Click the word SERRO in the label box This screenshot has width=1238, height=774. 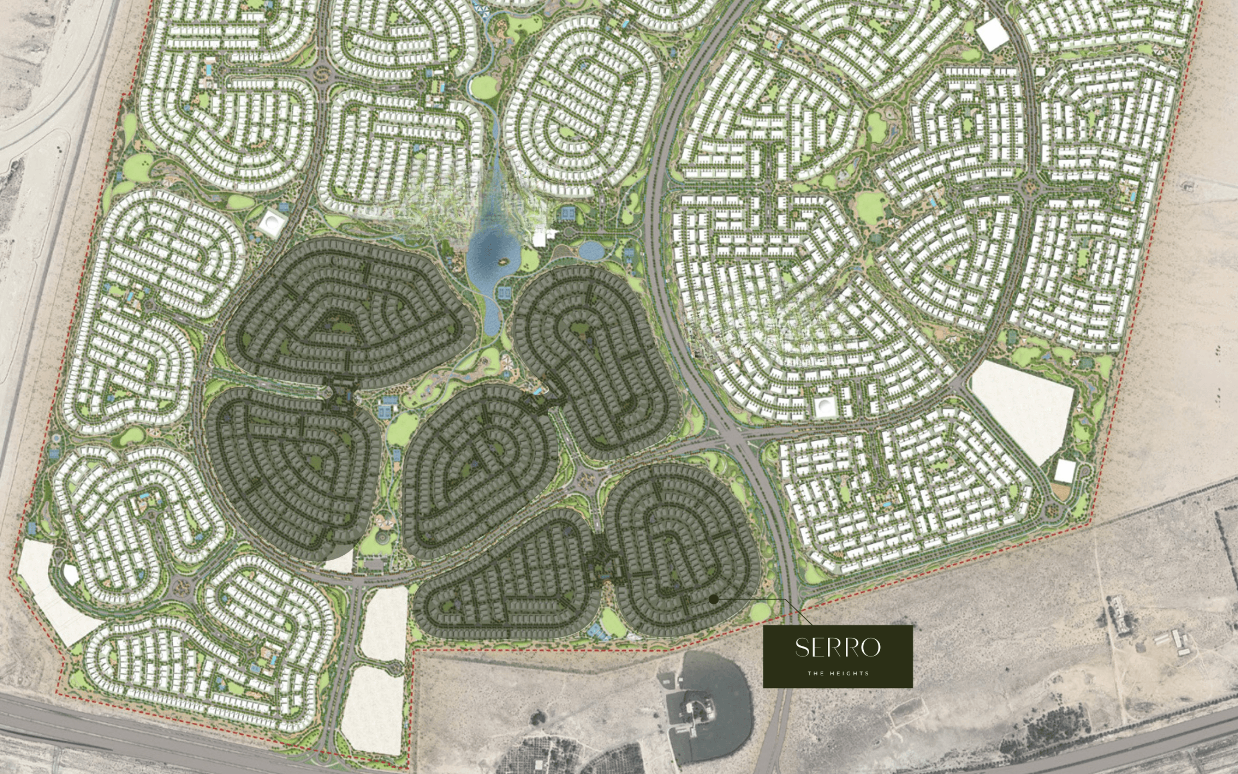point(838,648)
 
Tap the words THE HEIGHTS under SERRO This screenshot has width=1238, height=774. point(838,674)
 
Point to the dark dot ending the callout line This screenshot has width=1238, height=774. point(714,599)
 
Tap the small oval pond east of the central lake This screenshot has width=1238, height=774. point(591,251)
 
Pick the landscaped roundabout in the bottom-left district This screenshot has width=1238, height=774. point(180,589)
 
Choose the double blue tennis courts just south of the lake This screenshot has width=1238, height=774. point(503,293)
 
